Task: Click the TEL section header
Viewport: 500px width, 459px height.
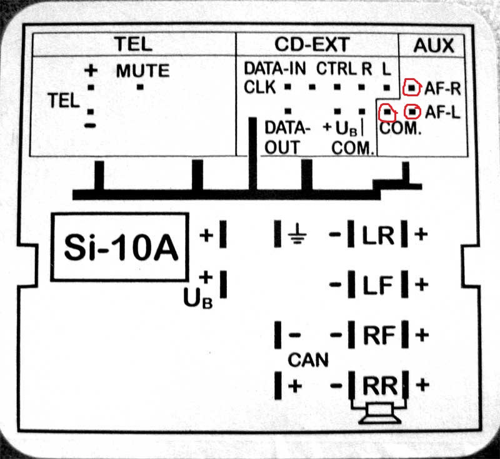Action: (132, 44)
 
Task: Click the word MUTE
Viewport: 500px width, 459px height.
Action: (142, 71)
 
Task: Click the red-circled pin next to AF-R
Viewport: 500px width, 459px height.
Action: (411, 88)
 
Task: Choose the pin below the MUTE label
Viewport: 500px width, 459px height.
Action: (140, 87)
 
